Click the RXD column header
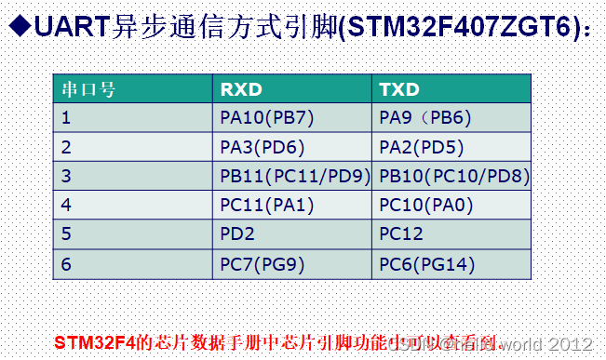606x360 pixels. coord(241,90)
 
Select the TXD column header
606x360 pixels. coord(400,90)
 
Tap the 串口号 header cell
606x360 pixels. coord(88,90)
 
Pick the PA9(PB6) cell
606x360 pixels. coord(426,118)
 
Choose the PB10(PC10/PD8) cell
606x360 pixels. coord(454,176)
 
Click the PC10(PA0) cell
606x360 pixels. coord(426,205)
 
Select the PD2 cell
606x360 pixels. coord(237,235)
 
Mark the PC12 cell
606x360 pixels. coord(402,235)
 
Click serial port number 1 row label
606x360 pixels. coord(66,118)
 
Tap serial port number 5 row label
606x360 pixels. coord(66,235)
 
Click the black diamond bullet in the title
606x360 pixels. coord(18,27)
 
